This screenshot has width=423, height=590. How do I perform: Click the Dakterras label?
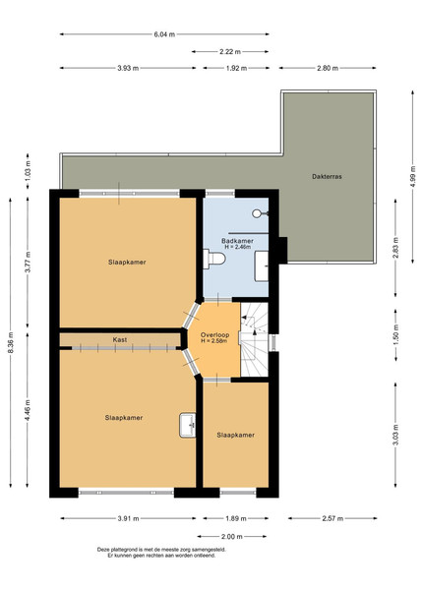[327, 176]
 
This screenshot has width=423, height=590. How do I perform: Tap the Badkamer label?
[237, 241]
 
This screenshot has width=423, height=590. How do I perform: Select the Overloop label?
[214, 335]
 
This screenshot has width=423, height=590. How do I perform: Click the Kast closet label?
[120, 339]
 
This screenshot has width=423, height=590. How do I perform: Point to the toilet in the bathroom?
[214, 259]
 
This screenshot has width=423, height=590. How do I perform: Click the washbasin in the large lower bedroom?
[188, 425]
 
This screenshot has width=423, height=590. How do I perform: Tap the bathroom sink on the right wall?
[262, 266]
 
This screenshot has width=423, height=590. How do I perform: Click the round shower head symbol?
[257, 213]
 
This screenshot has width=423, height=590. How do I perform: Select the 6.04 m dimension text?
[164, 34]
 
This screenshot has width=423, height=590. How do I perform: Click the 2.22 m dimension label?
[230, 51]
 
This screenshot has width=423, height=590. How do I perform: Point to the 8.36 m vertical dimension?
[11, 342]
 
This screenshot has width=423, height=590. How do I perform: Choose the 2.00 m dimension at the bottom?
[232, 536]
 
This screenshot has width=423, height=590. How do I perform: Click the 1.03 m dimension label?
[28, 171]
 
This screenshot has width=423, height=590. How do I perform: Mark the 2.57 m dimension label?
[332, 518]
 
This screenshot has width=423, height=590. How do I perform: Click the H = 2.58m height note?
[214, 341]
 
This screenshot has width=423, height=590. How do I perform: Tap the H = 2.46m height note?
[238, 247]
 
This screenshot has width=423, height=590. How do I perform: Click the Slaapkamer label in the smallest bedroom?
[235, 435]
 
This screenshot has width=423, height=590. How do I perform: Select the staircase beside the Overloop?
[255, 339]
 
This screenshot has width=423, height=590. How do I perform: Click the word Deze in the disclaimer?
[103, 550]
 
